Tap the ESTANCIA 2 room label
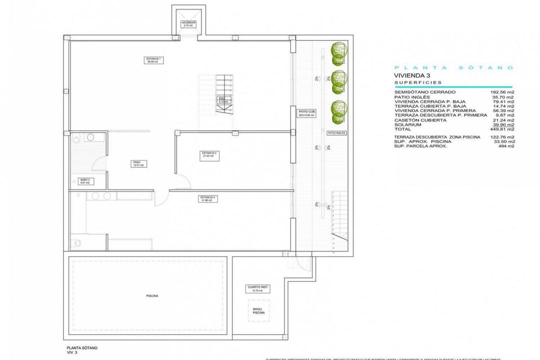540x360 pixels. click(208, 154)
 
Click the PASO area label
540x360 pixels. click(136, 163)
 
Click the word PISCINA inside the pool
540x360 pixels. click(152, 296)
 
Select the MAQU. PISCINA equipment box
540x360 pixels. click(258, 310)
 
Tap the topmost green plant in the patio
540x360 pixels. click(339, 51)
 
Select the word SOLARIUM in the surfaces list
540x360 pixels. click(408, 124)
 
